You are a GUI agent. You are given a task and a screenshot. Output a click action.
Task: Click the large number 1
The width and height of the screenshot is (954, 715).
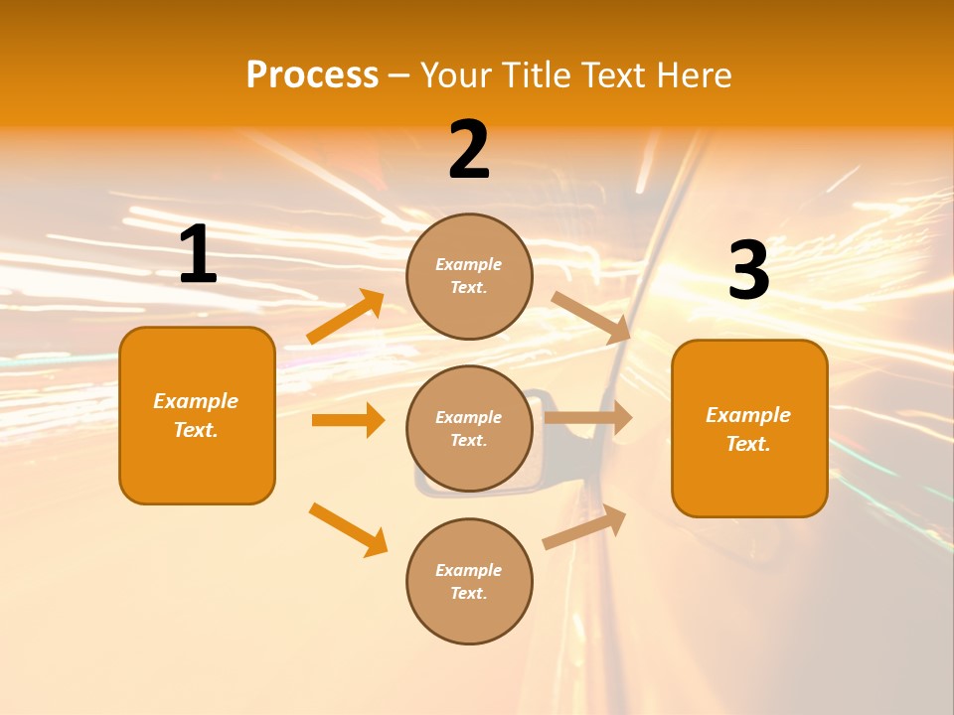[x=198, y=255]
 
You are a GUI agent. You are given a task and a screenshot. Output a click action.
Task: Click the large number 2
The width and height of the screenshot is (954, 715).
[x=469, y=150]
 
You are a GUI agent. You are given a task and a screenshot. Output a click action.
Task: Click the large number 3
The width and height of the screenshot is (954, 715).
[x=748, y=271]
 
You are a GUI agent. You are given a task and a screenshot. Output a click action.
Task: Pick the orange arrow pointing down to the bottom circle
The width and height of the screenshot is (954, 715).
[x=348, y=529]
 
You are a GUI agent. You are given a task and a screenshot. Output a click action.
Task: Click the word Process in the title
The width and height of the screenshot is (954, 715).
[x=312, y=74]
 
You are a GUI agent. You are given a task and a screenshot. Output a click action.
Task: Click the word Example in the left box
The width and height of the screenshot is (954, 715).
[x=196, y=401]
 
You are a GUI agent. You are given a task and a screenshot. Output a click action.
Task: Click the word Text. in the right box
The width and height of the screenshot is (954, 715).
[x=748, y=444]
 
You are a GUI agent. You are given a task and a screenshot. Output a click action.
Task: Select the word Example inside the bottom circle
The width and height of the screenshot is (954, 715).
[x=469, y=570]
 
